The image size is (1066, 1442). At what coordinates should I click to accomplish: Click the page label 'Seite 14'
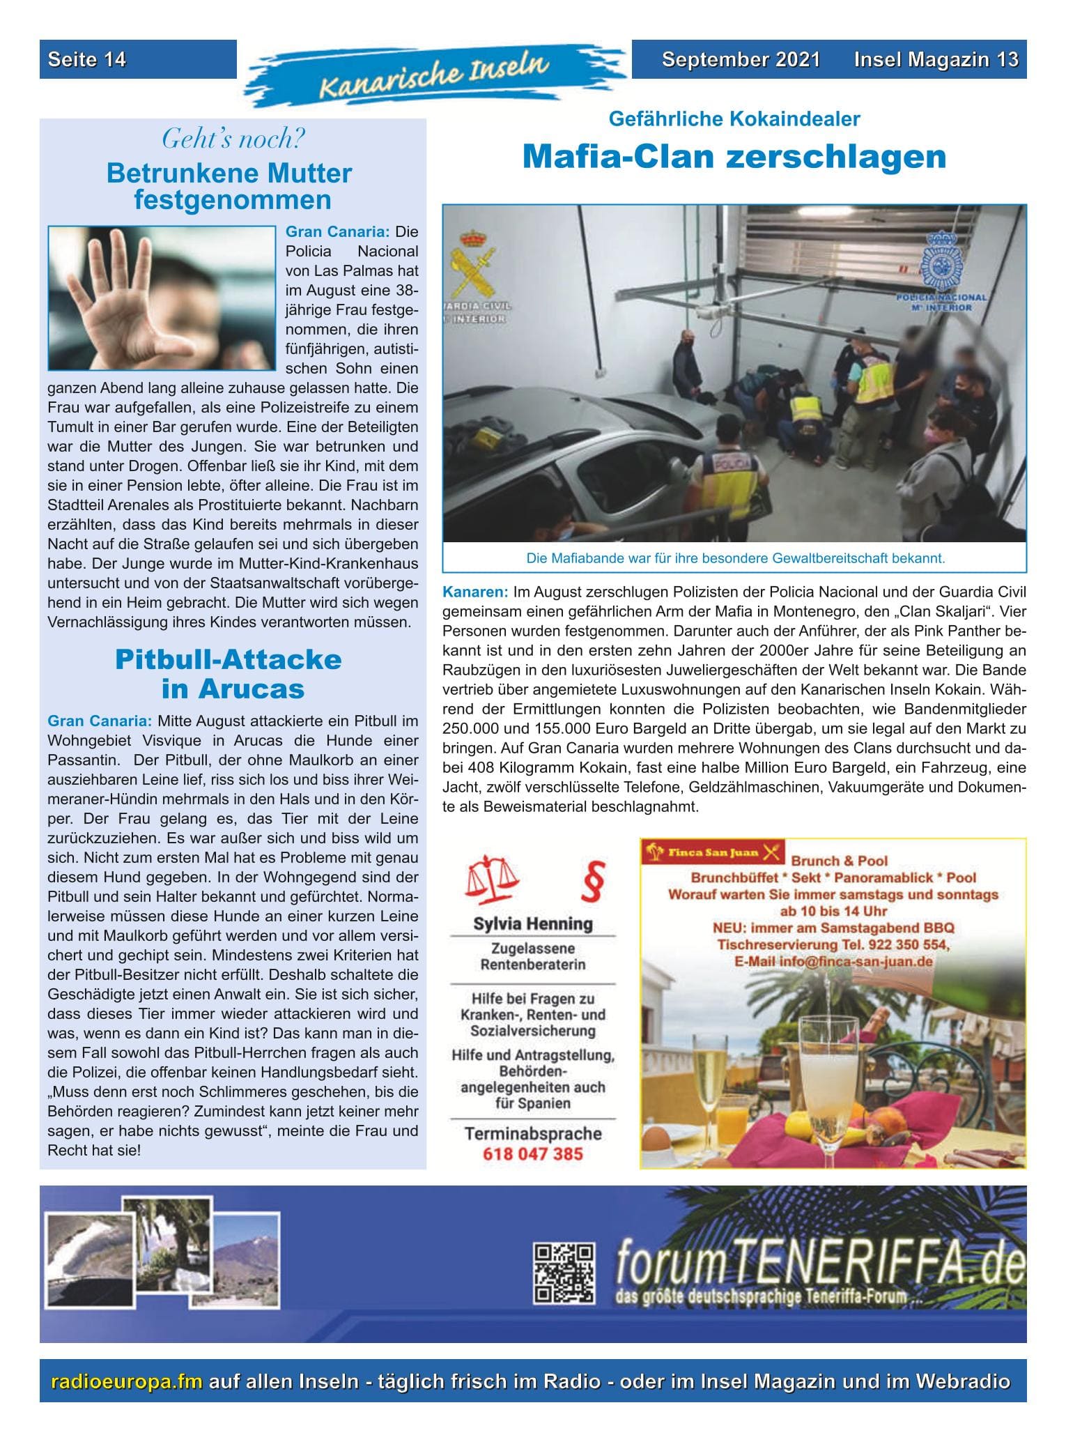coord(87,59)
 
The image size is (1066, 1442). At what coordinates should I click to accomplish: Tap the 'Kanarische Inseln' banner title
coord(433,76)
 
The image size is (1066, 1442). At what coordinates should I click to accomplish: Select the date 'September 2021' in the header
coord(741,59)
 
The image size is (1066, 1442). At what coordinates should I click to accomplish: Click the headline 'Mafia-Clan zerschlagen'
coord(734,157)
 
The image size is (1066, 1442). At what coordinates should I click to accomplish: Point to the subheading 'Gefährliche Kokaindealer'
coord(734,119)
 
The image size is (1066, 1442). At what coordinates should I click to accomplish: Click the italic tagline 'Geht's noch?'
coord(233,139)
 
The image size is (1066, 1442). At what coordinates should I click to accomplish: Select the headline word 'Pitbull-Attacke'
coord(229,659)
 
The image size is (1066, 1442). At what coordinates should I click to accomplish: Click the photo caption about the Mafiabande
coord(735,558)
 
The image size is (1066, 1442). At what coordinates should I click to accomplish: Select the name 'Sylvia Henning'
coord(532,924)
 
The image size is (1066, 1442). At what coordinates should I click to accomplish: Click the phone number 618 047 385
coord(532,1153)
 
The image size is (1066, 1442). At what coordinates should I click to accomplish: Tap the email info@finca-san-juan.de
coord(833,961)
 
